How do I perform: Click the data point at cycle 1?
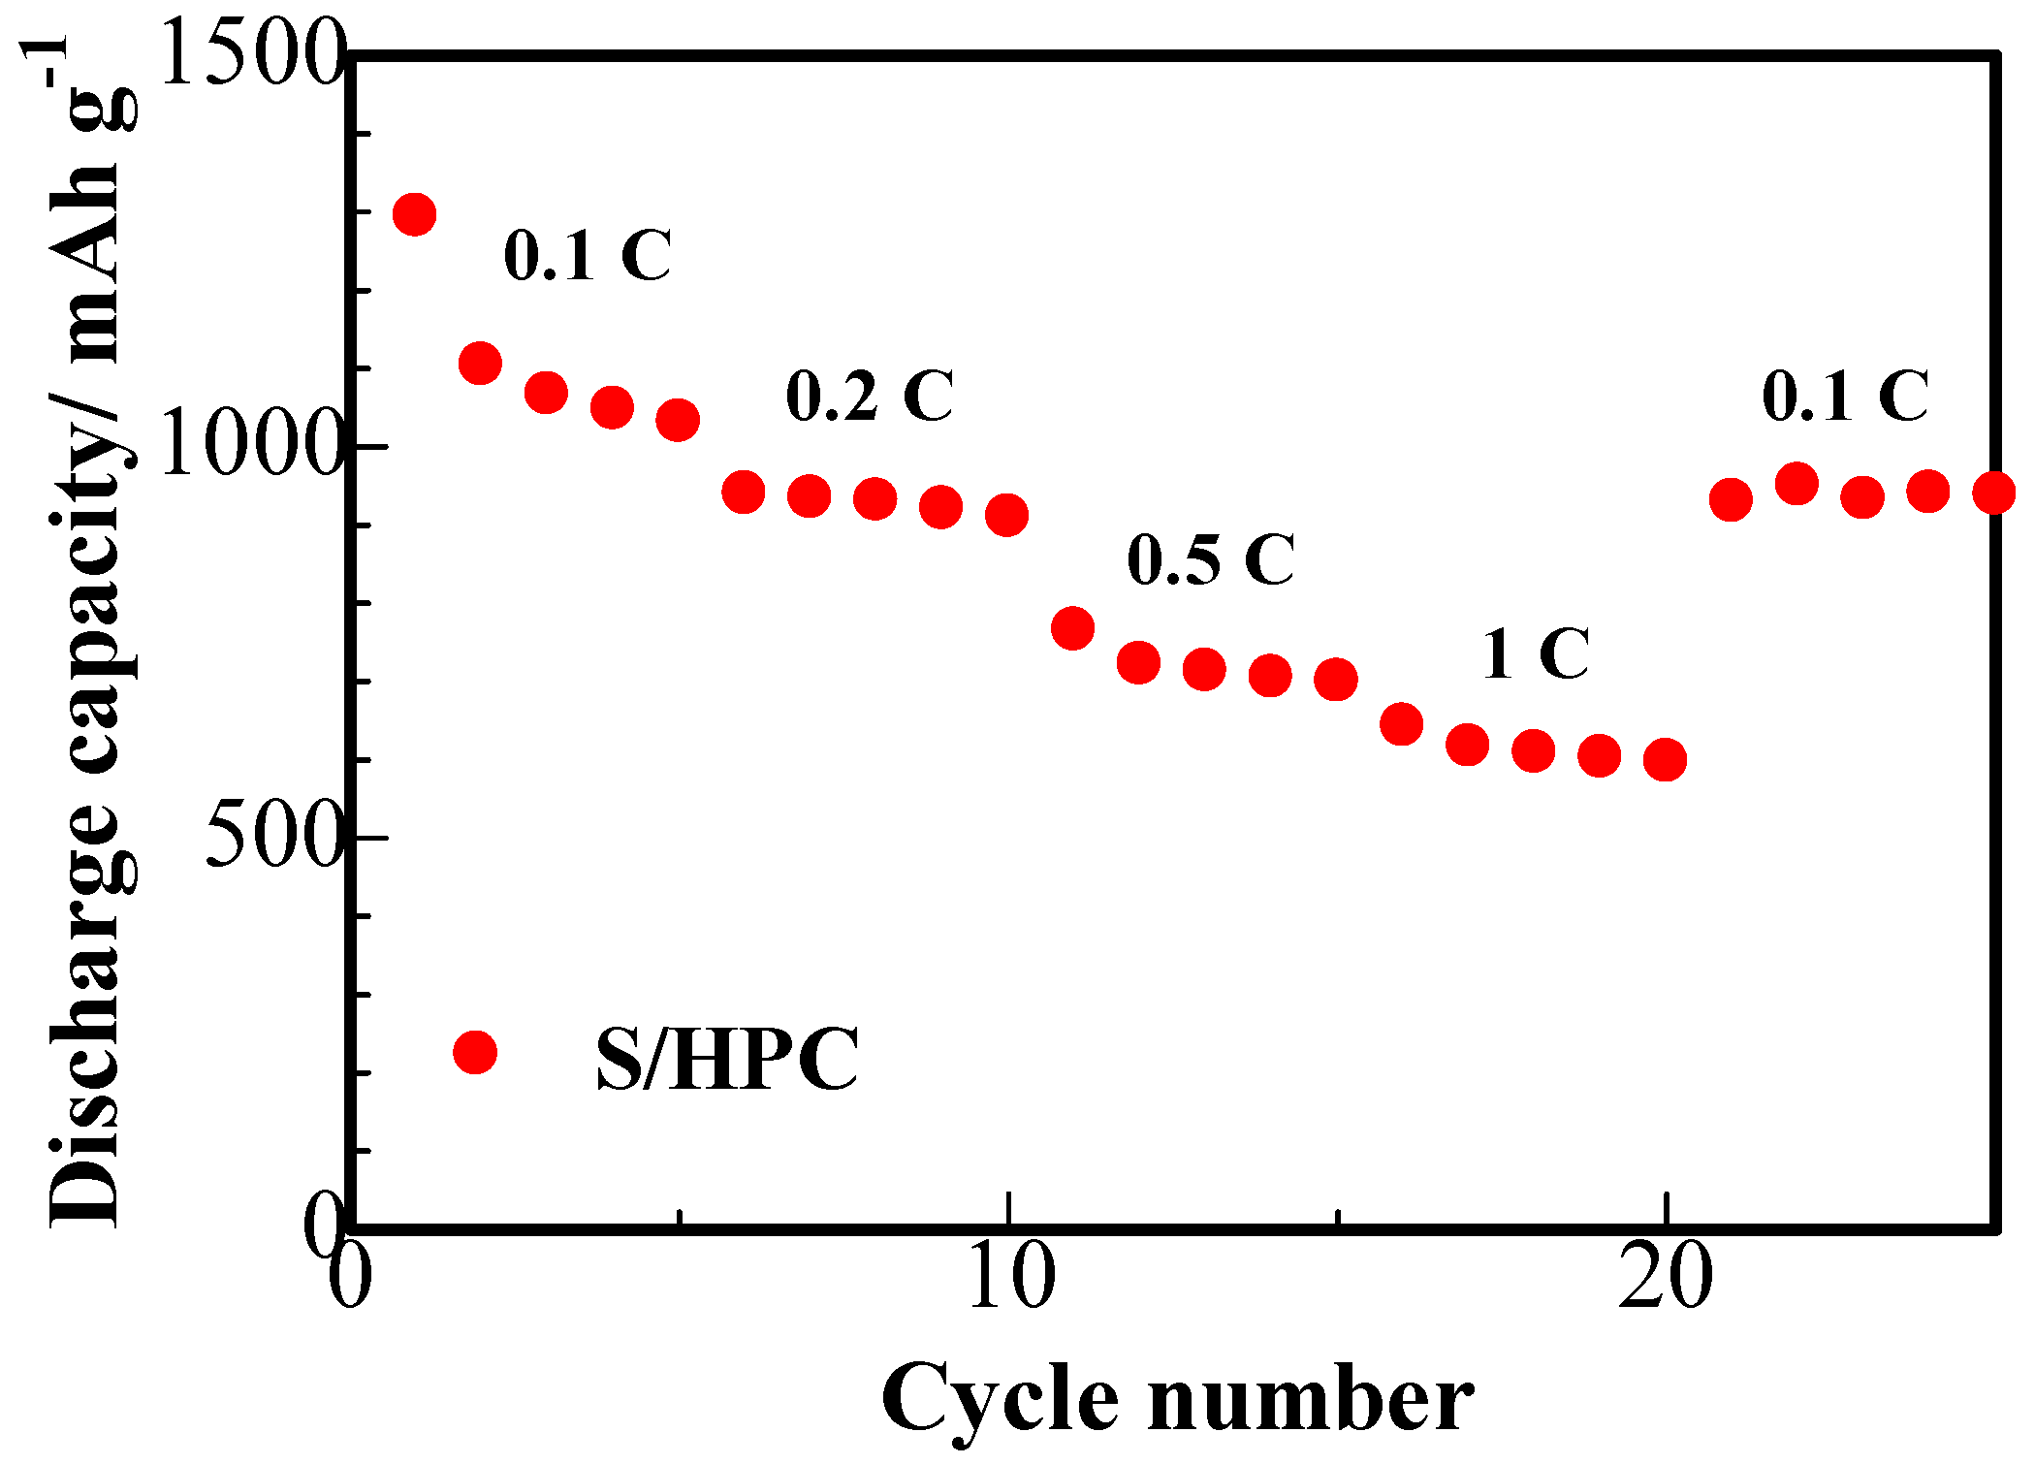coord(414,214)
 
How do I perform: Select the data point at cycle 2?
coord(480,364)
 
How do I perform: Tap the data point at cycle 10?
coord(1006,515)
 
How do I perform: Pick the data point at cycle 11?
coord(1072,628)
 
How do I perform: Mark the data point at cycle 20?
coord(1665,759)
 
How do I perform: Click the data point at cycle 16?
coord(1401,723)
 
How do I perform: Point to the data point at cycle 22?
coord(1797,483)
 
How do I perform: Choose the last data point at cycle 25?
coord(1994,493)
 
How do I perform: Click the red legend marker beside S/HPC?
coord(475,1052)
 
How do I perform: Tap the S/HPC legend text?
coord(727,1059)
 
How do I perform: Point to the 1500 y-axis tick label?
coord(250,55)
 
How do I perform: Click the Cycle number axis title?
coord(1177,1399)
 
